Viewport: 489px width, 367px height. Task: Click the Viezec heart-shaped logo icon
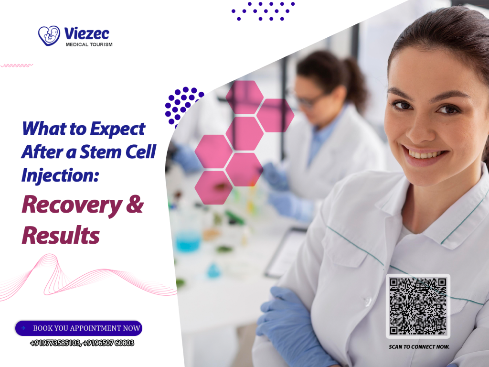49,35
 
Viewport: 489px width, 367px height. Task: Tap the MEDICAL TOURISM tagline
89,44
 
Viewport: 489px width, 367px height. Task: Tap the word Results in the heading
61,235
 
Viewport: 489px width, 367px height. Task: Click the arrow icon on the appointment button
23,328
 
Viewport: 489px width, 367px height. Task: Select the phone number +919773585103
54,343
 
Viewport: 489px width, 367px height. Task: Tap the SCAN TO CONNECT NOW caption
419,346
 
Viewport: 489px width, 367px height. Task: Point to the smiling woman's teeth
425,154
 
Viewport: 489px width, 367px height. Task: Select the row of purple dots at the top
263,11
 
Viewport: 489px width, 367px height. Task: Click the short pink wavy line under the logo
17,65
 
